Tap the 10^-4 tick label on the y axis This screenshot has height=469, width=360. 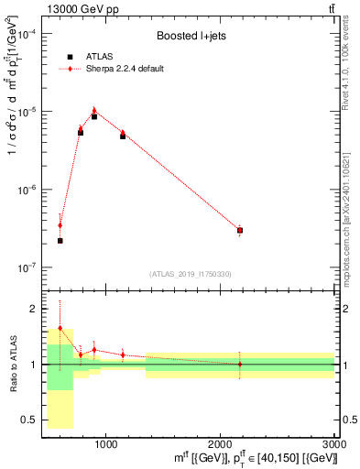coord(27,34)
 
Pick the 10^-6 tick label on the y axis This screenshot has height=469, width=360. coord(27,190)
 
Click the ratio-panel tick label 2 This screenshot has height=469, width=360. coord(33,309)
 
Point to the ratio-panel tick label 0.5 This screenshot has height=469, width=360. coord(30,420)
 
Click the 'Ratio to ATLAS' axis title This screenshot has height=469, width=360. coord(12,365)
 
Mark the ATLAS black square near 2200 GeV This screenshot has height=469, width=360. coord(240,231)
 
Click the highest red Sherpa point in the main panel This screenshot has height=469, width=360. coord(94,110)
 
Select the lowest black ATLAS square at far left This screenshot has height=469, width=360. coord(60,241)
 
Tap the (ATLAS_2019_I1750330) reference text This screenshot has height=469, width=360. coord(191,274)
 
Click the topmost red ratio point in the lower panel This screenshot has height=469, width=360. coord(60,328)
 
